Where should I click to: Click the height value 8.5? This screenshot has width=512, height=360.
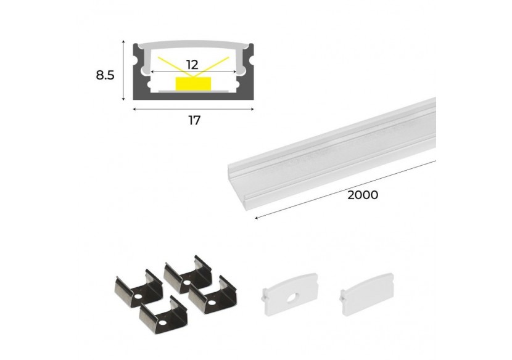(105, 76)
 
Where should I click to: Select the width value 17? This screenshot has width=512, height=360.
(194, 120)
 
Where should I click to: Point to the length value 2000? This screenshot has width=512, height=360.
(362, 195)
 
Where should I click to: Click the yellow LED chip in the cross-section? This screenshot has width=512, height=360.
(192, 83)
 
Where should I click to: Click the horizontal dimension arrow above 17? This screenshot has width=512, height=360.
(194, 108)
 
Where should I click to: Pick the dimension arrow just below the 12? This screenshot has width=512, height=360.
(193, 72)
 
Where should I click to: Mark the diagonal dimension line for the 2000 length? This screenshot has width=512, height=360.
(345, 189)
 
